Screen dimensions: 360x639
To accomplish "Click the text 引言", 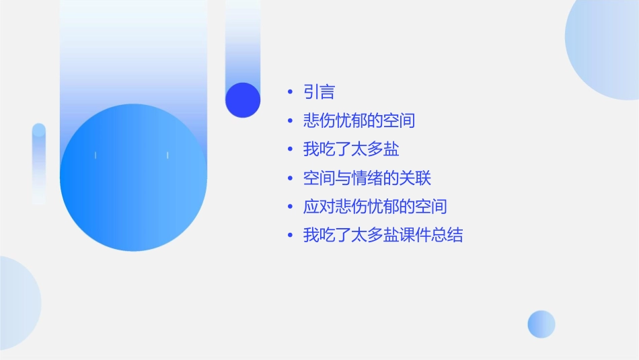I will click(319, 92).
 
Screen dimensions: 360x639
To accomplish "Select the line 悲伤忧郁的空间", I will click(359, 121).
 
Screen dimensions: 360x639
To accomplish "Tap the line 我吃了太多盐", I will click(351, 149).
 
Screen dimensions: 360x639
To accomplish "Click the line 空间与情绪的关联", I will click(367, 178).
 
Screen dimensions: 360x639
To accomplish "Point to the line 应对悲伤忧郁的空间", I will click(375, 207).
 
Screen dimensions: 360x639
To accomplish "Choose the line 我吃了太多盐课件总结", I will click(383, 236).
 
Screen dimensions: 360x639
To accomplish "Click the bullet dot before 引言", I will click(290, 92).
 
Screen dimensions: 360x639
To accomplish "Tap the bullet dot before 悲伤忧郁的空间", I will click(290, 121).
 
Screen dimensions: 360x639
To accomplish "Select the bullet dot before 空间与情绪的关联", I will click(290, 178).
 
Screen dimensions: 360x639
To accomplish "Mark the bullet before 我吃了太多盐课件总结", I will click(290, 236).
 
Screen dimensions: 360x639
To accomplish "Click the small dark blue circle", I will click(243, 100).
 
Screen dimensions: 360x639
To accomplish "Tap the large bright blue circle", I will click(133, 178).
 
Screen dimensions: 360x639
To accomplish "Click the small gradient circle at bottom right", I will click(541, 324).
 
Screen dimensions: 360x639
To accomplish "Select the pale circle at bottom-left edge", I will click(17, 303).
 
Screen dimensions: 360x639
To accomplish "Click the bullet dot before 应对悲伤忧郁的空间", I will click(290, 207).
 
